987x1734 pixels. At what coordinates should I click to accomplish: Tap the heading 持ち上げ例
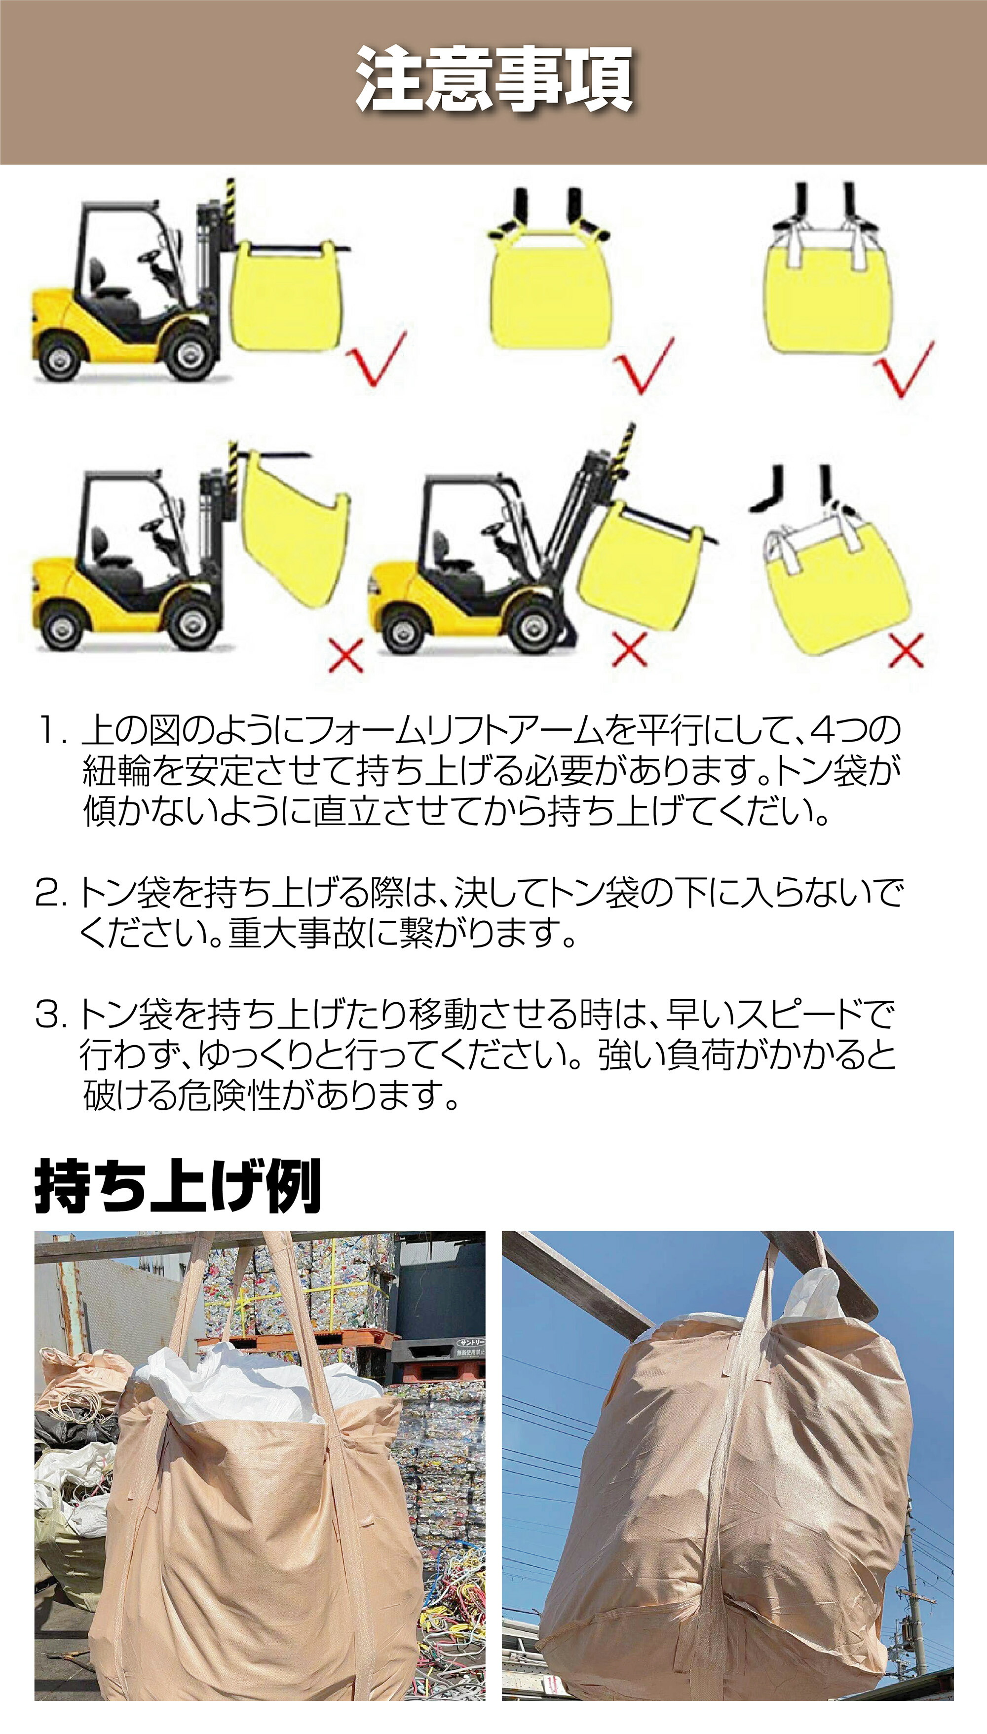click(x=178, y=1186)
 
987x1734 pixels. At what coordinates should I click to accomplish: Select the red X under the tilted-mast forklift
click(x=630, y=650)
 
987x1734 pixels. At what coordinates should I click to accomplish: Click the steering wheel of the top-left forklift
click(x=151, y=256)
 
